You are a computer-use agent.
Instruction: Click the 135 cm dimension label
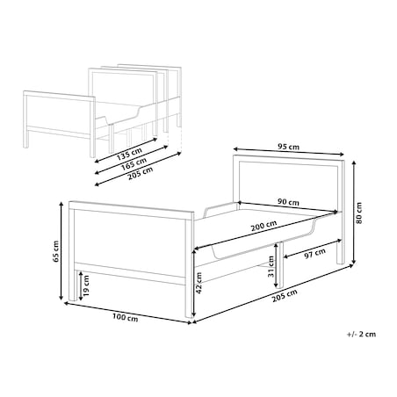[x=129, y=154]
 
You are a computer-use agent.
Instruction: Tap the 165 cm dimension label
[x=134, y=164]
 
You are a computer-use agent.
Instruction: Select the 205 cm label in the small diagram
[x=141, y=173]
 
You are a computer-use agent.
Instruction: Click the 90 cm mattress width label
[x=288, y=202]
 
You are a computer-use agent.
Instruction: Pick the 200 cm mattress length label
[x=263, y=226]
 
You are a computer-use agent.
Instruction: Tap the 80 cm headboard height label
[x=359, y=213]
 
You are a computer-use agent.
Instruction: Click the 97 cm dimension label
[x=314, y=254]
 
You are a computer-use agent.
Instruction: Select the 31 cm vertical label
[x=271, y=266]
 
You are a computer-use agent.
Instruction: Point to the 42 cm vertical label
[x=198, y=283]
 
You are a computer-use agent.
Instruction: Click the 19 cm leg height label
[x=85, y=286]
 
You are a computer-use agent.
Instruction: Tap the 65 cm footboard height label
[x=56, y=251]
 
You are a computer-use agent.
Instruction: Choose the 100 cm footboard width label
[x=126, y=317]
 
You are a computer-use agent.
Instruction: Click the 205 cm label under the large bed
[x=285, y=296]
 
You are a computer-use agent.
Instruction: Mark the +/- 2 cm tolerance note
[x=361, y=334]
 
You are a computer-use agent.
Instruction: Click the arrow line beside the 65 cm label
[x=61, y=251]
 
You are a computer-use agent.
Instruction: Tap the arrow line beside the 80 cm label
[x=354, y=213]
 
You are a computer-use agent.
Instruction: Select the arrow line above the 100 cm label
[x=127, y=313]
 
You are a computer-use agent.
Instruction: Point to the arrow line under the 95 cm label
[x=288, y=151]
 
